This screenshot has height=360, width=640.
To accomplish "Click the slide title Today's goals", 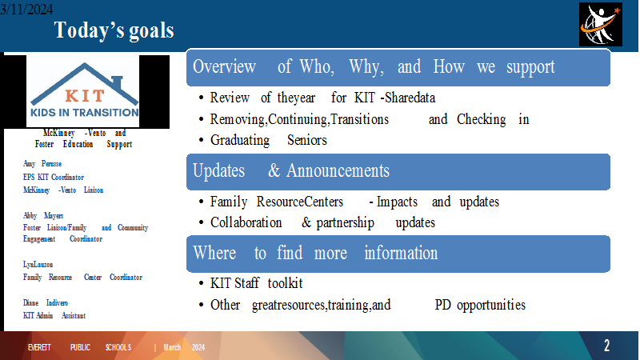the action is pos(114,30).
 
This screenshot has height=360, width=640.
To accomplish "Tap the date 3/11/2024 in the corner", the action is pos(26,9).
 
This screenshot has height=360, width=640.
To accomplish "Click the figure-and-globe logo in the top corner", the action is pos(601,25).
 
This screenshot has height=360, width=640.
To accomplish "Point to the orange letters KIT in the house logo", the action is pos(85,96).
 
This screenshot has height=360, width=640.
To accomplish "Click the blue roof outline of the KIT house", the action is pos(85,82).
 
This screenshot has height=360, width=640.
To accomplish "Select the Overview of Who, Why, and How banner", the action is pos(398,67).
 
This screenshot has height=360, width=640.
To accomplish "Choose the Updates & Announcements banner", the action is pos(398,172).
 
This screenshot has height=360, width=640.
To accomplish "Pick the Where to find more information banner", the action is pos(398,254).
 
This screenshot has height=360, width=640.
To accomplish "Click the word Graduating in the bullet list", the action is pos(240,141).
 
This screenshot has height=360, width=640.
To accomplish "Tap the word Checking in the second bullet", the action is pos(482,119).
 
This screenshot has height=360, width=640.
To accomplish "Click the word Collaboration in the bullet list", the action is pos(246,222).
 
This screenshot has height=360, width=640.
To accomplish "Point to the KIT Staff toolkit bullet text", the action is pos(256,283).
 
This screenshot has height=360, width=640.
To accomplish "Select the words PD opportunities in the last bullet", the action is pos(480,305).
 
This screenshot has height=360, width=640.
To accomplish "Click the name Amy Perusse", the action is pos(42,164).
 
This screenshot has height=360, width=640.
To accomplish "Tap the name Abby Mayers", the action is pos(43,215).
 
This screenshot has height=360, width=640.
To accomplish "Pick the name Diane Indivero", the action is pos(46,303).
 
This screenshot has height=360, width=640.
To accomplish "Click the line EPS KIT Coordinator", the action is pos(54,177).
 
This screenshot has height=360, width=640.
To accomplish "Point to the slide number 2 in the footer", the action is pos(607,346).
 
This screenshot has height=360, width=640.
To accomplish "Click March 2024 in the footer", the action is pos(184,347).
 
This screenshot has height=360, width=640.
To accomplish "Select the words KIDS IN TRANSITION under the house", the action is pos(85,113).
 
